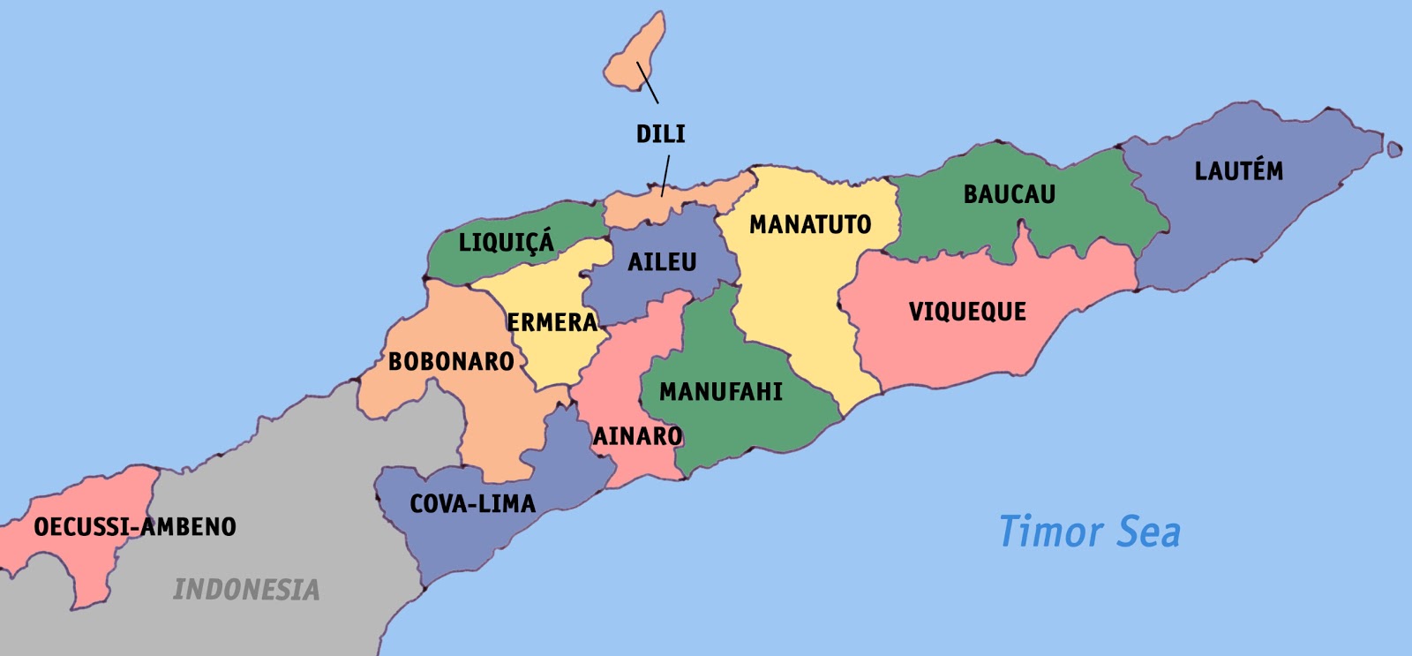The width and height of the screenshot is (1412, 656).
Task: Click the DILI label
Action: click(x=660, y=134)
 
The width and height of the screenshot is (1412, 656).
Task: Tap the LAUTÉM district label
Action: click(x=1238, y=170)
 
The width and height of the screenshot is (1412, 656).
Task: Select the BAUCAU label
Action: click(x=1009, y=194)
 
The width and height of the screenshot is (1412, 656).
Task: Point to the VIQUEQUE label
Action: click(x=967, y=312)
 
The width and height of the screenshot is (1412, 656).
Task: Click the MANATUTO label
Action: click(x=809, y=225)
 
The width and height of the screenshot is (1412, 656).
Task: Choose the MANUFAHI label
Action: click(x=720, y=392)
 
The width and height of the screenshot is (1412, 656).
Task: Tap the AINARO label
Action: click(x=637, y=436)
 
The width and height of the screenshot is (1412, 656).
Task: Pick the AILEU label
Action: click(x=662, y=262)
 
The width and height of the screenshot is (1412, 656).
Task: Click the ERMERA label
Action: click(x=552, y=322)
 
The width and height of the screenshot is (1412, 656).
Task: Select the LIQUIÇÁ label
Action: click(x=506, y=242)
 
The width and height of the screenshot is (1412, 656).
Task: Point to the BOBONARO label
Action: click(x=451, y=361)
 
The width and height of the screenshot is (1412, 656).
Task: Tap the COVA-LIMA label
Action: click(x=472, y=504)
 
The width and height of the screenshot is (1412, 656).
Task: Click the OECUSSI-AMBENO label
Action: click(x=135, y=527)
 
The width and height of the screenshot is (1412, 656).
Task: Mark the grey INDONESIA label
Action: click(x=246, y=590)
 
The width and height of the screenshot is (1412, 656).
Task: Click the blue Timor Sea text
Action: click(x=1089, y=532)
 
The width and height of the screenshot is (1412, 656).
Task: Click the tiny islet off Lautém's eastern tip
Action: click(x=1394, y=149)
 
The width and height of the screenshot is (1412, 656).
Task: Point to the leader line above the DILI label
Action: click(x=648, y=83)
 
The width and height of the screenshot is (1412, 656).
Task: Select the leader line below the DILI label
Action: click(x=665, y=176)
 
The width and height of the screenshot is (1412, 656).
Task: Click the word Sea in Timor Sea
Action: click(x=1148, y=532)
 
